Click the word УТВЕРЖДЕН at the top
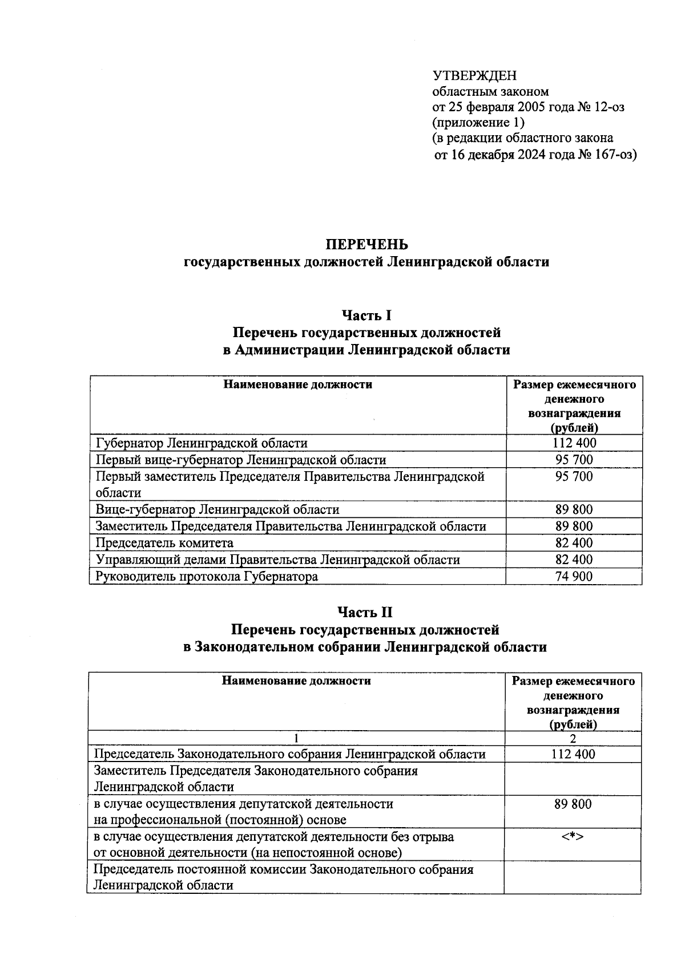[474, 76]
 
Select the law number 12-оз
[609, 107]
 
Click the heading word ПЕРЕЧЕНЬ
[366, 245]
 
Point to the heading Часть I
[366, 315]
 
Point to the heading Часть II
[365, 613]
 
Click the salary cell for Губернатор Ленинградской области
[574, 443]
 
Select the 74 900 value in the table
[574, 577]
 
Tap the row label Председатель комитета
[164, 543]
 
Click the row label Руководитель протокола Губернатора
[207, 577]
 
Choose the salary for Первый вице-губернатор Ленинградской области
[574, 460]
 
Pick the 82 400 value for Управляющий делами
[574, 560]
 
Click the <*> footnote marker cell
[573, 837]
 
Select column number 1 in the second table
[296, 739]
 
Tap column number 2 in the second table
[573, 739]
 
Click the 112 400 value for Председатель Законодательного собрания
[573, 754]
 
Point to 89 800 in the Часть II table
[573, 804]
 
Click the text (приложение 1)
[478, 123]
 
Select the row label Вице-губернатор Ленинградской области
[217, 510]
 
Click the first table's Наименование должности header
[297, 384]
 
